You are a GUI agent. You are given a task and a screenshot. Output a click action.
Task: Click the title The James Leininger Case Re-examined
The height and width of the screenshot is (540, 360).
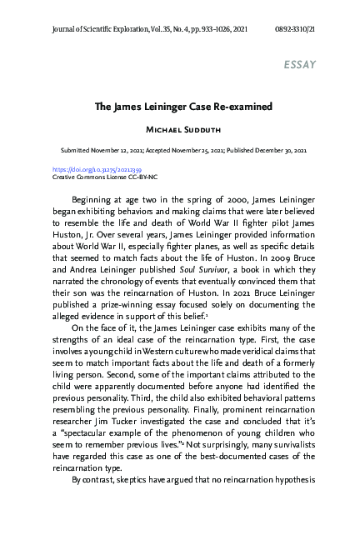(x=180, y=107)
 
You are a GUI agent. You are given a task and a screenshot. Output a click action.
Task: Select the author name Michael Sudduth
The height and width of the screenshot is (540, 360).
(x=180, y=132)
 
